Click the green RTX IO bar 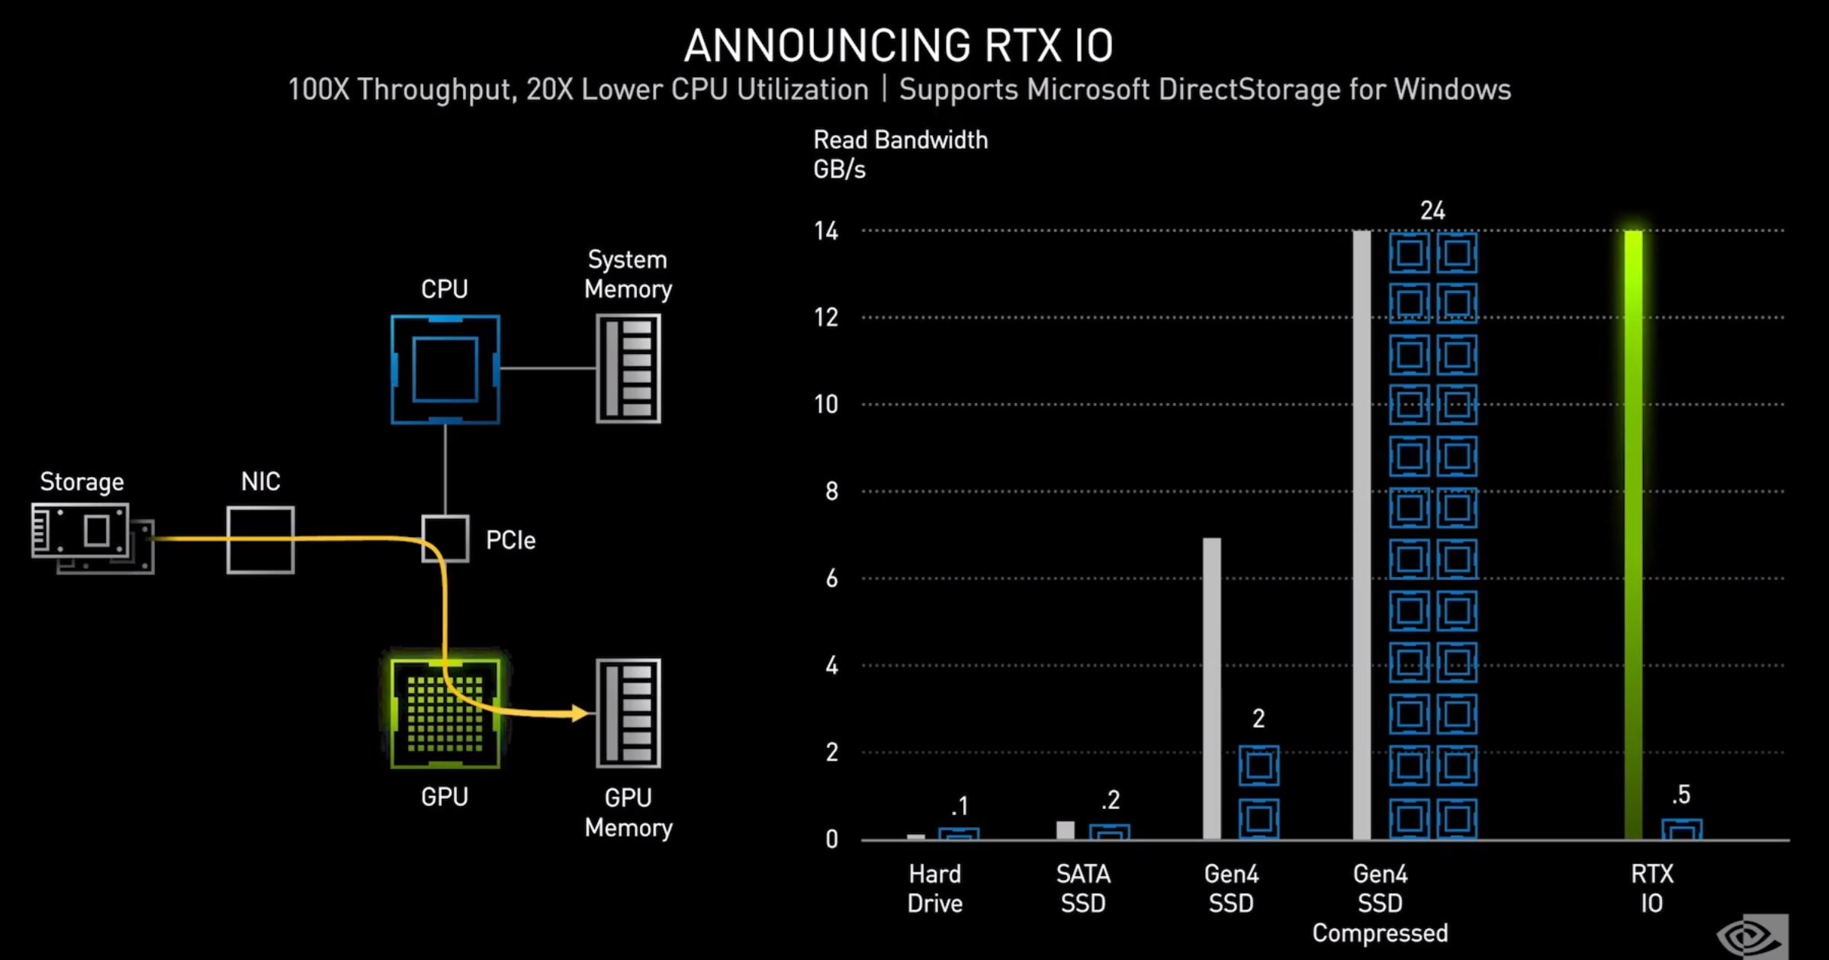[1633, 534]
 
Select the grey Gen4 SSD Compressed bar [1361, 534]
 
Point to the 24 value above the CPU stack [1432, 211]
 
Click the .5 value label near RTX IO [1681, 794]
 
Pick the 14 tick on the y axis [826, 230]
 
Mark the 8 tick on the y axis [831, 491]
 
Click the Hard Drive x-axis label [935, 888]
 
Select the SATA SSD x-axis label [1083, 888]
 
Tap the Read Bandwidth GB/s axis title [900, 154]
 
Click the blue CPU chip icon [445, 369]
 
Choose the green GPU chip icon [445, 714]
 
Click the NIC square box [260, 540]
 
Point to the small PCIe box [445, 539]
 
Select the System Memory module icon [628, 369]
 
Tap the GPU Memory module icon [628, 714]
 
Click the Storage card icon [92, 537]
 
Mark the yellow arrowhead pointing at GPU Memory [580, 714]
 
